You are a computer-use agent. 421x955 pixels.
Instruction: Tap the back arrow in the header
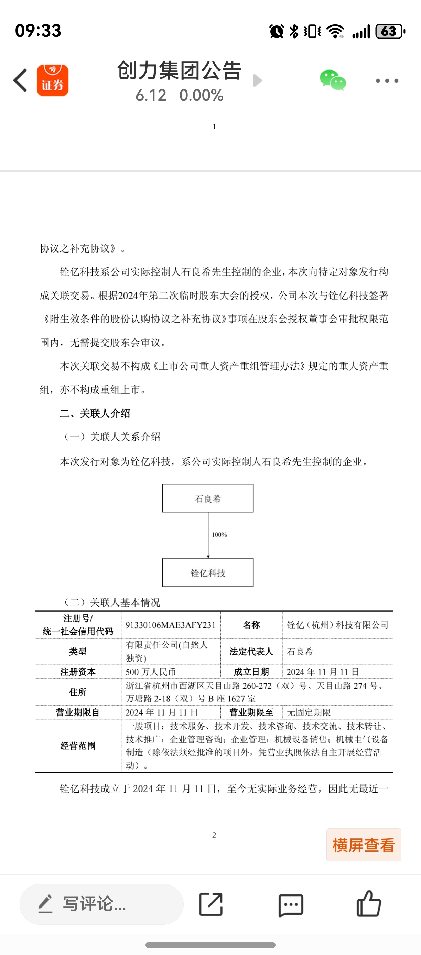point(21,80)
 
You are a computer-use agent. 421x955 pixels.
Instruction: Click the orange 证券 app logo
point(53,81)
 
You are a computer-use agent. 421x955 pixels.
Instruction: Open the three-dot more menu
point(387,81)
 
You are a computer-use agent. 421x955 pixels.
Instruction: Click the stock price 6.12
point(151,96)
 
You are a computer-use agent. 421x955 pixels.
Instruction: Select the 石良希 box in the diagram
point(208,498)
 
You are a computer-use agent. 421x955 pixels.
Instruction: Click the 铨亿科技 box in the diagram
point(208,572)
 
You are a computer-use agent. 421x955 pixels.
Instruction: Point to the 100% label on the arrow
point(219,535)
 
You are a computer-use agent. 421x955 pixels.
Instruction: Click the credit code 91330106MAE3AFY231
point(171,625)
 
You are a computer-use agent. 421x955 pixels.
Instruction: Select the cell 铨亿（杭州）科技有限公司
point(337,625)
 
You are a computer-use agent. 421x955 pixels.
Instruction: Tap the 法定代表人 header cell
point(251,651)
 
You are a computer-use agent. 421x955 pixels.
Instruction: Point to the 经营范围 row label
point(78,746)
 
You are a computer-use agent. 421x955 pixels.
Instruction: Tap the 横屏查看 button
point(364,845)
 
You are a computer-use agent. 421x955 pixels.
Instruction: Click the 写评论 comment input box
point(101,904)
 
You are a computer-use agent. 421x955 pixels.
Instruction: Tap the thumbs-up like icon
point(369,904)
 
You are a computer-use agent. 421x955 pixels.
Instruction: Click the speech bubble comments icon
point(291,904)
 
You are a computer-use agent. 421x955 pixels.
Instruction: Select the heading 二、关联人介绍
point(95,414)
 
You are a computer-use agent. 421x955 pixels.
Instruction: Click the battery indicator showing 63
point(389,32)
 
